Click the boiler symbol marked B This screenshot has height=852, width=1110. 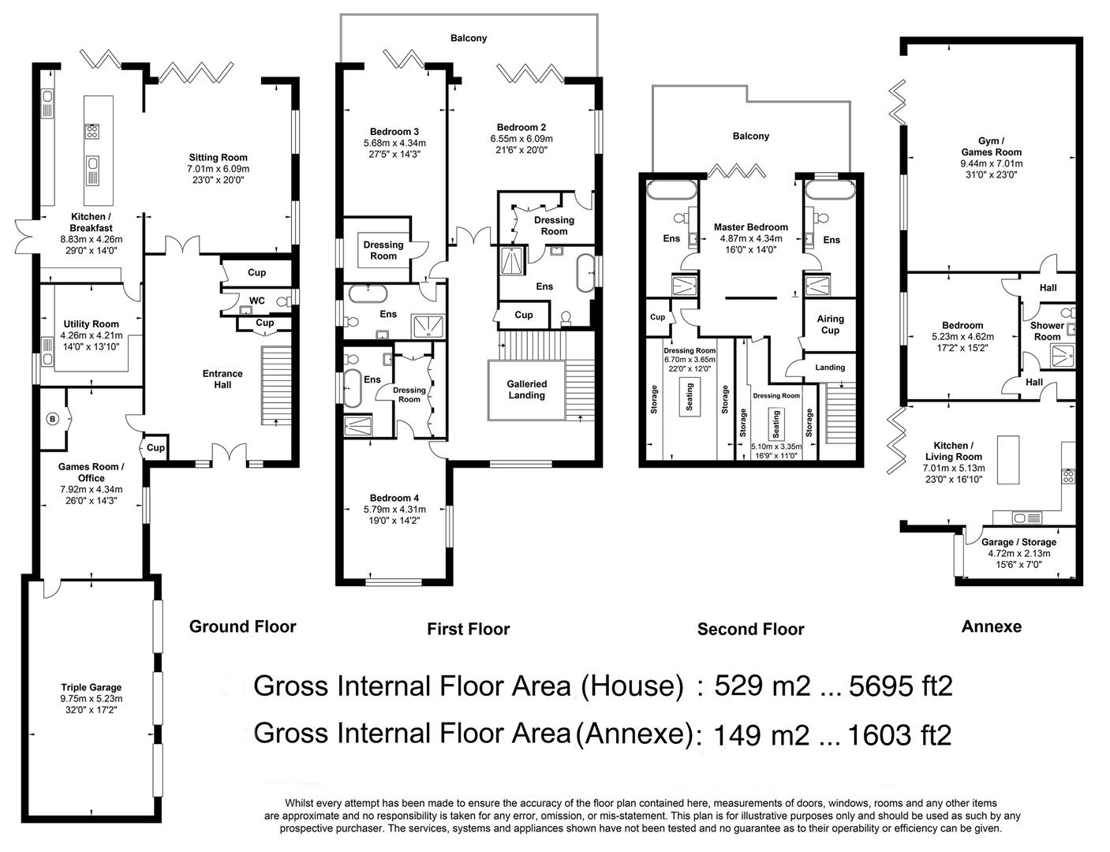pyautogui.click(x=52, y=420)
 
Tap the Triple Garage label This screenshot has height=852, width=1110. pyautogui.click(x=92, y=688)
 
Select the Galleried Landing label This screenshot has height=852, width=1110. pyautogui.click(x=527, y=389)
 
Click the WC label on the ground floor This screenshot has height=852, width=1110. pyautogui.click(x=257, y=301)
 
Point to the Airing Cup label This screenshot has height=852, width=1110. pyautogui.click(x=830, y=324)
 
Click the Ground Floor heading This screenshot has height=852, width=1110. pyautogui.click(x=243, y=626)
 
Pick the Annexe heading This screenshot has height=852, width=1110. pyautogui.click(x=992, y=626)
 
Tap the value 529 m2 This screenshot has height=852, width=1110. pyautogui.click(x=762, y=686)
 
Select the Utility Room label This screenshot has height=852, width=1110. pyautogui.click(x=91, y=324)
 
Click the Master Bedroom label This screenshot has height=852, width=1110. pyautogui.click(x=751, y=226)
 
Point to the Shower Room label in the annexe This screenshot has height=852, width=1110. pyautogui.click(x=1047, y=331)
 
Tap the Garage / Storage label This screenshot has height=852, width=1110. pyautogui.click(x=1018, y=542)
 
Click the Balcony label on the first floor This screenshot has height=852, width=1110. pyautogui.click(x=469, y=39)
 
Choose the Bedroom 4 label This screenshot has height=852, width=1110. pyautogui.click(x=394, y=498)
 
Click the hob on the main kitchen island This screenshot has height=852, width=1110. pyautogui.click(x=92, y=131)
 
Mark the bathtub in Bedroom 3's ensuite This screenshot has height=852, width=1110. pyautogui.click(x=368, y=294)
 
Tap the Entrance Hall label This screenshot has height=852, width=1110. pyautogui.click(x=222, y=379)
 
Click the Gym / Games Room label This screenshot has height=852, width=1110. pyautogui.click(x=992, y=147)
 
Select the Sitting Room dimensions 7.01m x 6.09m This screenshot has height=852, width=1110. pyautogui.click(x=218, y=169)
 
